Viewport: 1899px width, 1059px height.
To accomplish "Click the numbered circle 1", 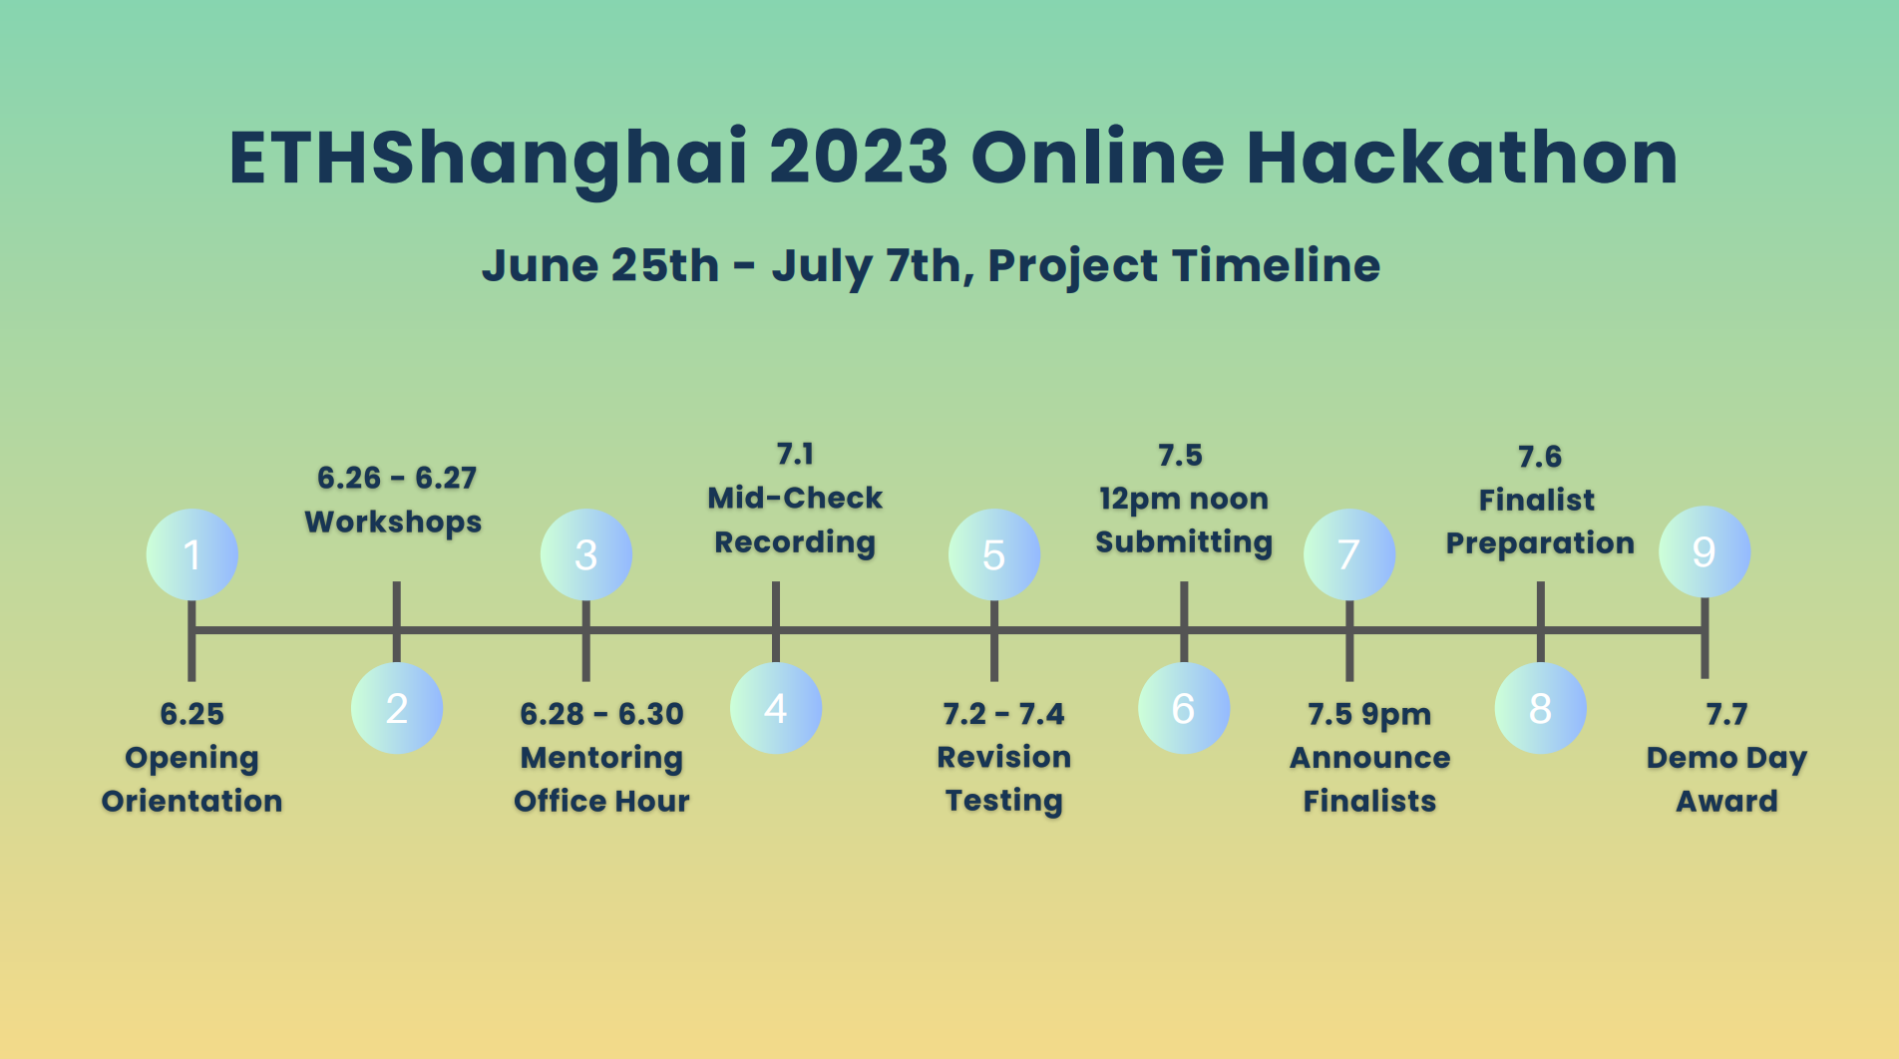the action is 192,554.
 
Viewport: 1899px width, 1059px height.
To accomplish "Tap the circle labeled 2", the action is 397,708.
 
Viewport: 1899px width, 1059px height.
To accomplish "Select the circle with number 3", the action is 586,554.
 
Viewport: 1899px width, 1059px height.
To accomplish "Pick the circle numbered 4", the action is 776,708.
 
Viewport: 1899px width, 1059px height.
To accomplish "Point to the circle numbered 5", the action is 994,554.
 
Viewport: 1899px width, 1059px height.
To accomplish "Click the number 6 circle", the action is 1184,708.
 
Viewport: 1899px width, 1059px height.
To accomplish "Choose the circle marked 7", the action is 1349,554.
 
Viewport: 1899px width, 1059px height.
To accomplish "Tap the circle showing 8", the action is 1541,708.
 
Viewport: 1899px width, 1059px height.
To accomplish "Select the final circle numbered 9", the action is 1705,551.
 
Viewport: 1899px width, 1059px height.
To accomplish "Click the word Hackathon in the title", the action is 1462,158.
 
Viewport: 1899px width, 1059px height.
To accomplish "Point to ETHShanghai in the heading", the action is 489,160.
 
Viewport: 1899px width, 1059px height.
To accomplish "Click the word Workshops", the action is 393,523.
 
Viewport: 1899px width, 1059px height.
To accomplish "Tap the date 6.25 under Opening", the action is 192,714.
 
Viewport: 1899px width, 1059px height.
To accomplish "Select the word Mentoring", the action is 601,759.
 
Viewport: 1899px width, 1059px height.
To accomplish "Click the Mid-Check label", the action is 795,498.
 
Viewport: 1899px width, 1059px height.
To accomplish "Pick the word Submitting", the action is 1184,543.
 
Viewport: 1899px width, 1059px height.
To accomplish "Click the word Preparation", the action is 1541,544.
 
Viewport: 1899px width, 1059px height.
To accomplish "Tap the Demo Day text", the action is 1726,759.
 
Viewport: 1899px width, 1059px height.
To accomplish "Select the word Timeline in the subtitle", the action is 1277,265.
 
